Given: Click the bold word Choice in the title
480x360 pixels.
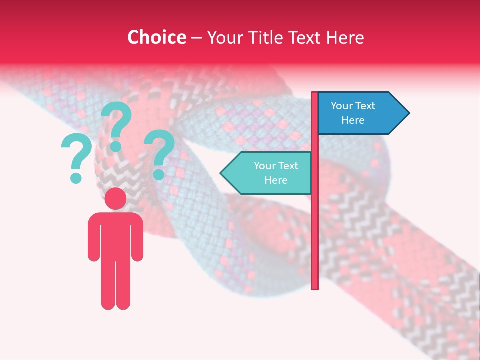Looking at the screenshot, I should coord(156,37).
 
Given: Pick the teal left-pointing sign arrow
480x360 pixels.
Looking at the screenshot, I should coord(267,173).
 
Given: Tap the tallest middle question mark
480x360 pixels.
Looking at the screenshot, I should coord(117,125).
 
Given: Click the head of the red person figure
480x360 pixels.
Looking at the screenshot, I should coord(116,198).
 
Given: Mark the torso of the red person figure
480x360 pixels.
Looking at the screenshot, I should coord(116,235).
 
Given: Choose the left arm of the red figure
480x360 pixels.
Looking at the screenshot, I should coord(94,237).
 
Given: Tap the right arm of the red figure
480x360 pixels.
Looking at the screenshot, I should coord(138,237).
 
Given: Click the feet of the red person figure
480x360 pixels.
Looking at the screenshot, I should coord(116,303).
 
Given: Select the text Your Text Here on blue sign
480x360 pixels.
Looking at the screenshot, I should coord(353,113).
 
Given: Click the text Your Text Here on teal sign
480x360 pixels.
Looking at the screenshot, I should coord(276,173).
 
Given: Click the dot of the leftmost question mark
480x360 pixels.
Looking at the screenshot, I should coord(76,177).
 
